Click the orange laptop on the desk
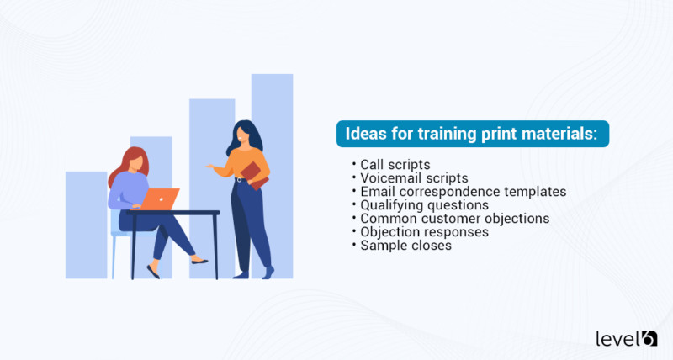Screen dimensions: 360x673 (x=160, y=199)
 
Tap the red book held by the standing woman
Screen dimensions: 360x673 (x=254, y=174)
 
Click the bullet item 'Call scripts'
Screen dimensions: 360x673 (x=395, y=164)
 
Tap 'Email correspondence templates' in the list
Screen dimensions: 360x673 (x=463, y=191)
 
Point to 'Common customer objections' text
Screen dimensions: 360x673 (x=454, y=218)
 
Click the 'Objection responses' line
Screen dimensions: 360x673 (x=425, y=231)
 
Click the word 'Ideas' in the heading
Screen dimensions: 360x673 (x=364, y=135)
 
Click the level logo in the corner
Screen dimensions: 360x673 (x=626, y=337)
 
